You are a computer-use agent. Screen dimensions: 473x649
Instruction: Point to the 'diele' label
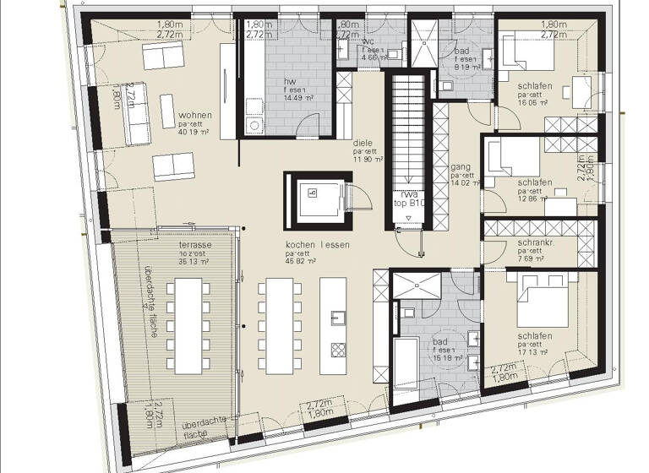pos(363,144)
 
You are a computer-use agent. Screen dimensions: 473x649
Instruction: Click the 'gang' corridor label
pos(461,166)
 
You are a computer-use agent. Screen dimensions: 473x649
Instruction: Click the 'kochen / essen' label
pos(318,244)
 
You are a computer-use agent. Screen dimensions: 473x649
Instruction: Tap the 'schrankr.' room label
pos(536,242)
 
